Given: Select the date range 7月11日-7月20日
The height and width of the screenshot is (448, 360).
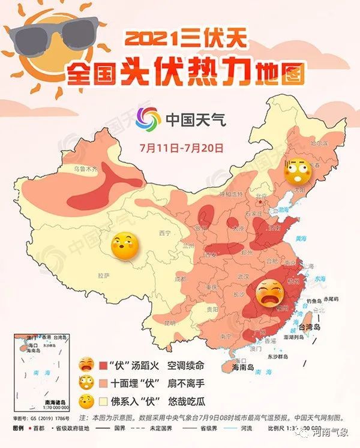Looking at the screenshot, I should [x=181, y=146].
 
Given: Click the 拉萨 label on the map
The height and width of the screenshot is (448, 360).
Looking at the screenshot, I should [x=103, y=275].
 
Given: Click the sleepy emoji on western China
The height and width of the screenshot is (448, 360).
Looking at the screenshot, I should [x=125, y=246].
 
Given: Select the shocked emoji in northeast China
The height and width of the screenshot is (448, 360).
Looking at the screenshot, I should [x=297, y=172].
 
